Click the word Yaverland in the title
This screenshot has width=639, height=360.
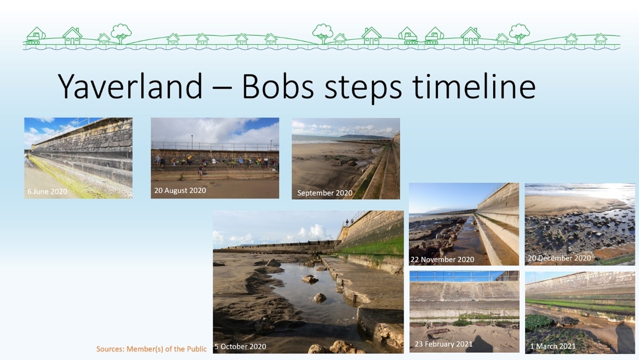tap(130, 87)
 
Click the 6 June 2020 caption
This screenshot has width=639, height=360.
tap(47, 192)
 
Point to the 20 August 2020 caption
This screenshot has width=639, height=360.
tap(180, 190)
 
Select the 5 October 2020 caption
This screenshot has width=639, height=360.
tap(240, 347)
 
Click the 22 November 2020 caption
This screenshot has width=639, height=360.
tap(442, 259)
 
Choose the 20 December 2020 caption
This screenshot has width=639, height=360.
tap(559, 258)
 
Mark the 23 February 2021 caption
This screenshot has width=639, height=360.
tap(443, 344)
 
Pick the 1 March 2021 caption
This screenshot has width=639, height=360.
tap(553, 346)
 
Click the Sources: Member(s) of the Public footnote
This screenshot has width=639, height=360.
tap(152, 349)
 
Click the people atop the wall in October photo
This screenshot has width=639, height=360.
tap(347, 223)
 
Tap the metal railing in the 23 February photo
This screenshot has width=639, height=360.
tap(463, 276)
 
